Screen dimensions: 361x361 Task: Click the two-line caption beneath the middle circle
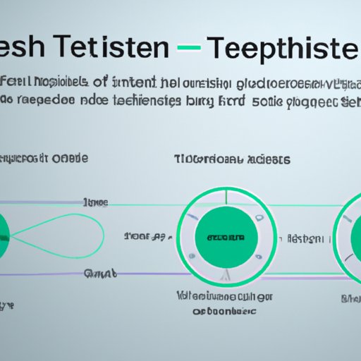(216, 302)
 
